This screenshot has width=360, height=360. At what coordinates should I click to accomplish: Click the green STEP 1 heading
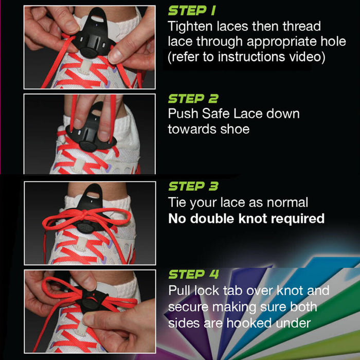[x=192, y=11]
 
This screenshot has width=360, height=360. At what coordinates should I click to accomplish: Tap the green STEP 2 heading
[x=193, y=99]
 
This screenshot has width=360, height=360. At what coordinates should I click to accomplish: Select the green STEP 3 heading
[x=193, y=187]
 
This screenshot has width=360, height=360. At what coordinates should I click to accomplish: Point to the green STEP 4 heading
[x=193, y=275]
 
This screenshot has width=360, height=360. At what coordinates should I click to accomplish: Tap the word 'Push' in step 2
[x=182, y=114]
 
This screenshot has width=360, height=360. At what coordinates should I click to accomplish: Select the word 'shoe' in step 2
[x=235, y=129]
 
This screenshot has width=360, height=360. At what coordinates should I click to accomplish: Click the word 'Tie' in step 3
[x=178, y=203]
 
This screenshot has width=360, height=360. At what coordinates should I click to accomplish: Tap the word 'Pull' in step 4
[x=182, y=291]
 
